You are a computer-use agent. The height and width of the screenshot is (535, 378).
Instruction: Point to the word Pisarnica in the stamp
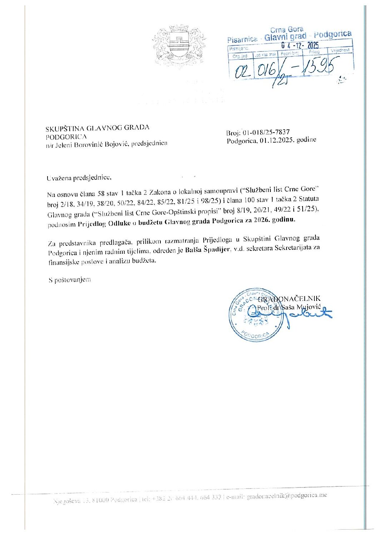coord(242,39)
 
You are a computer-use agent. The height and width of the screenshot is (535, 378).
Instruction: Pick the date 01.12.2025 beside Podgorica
coord(277,140)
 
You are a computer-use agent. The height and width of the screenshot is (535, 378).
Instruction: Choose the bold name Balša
coord(193,250)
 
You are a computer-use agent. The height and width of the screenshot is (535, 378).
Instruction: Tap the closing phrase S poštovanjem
coord(70,280)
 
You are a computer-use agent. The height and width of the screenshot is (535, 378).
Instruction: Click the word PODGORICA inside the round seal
coord(255,335)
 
